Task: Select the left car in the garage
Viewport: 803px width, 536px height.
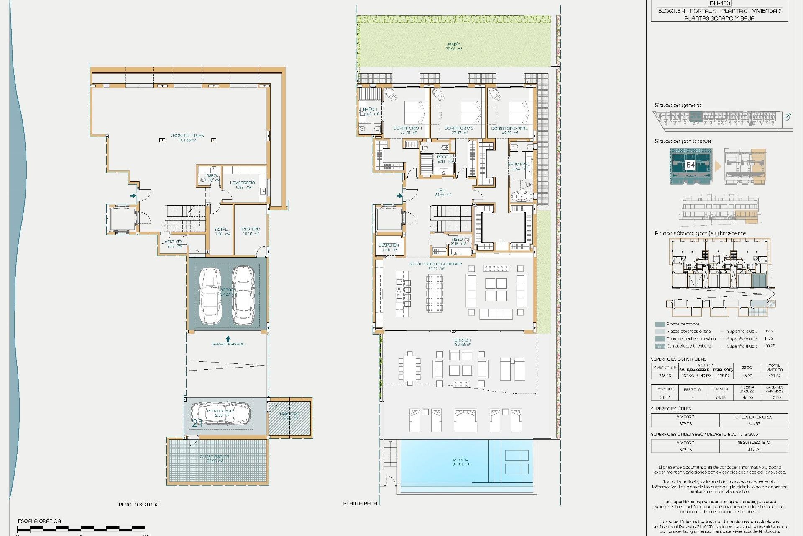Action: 210,296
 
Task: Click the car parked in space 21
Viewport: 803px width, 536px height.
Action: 220,413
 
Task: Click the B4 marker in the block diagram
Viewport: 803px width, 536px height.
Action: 690,165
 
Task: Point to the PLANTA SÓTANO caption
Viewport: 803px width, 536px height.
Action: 139,505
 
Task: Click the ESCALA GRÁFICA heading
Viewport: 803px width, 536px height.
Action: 39,521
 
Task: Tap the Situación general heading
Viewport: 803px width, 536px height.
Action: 678,106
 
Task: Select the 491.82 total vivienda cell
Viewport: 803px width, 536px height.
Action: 774,376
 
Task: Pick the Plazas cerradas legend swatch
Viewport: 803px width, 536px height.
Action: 660,324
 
